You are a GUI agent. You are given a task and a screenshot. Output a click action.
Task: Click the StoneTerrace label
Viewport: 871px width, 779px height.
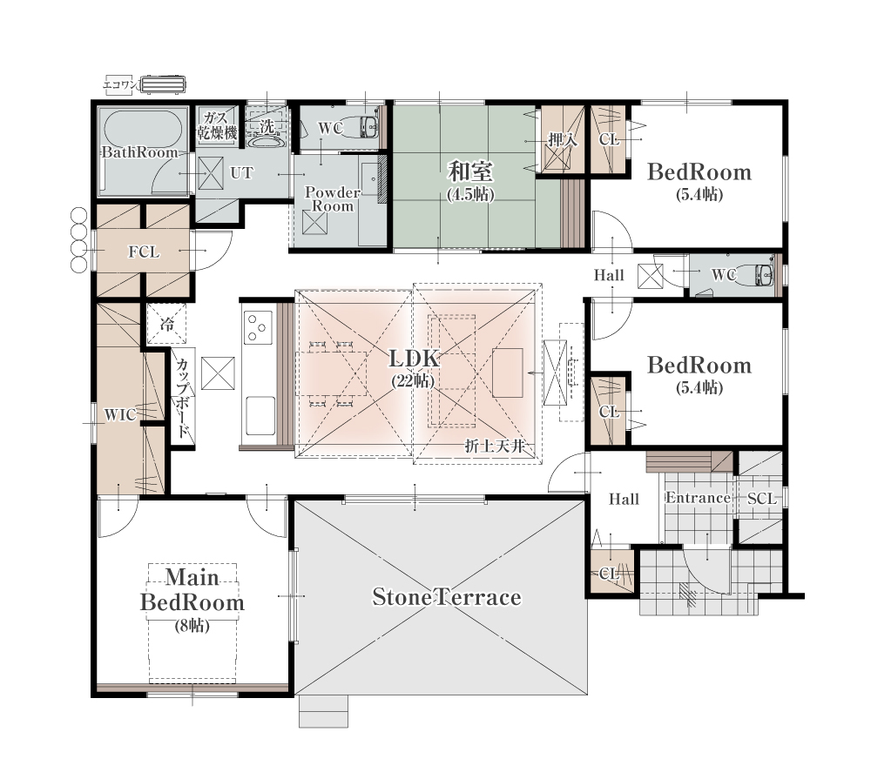pos(447,597)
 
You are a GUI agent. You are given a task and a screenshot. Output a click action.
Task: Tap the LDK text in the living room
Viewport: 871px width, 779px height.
pos(415,359)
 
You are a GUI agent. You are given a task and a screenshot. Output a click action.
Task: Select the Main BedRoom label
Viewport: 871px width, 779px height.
pos(192,590)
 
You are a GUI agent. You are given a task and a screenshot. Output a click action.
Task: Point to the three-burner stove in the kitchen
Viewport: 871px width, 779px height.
pos(259,327)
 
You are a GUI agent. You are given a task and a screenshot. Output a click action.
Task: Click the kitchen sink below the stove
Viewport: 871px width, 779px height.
pos(260,416)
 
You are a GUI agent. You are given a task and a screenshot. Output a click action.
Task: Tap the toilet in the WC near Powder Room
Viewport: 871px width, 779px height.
pos(367,127)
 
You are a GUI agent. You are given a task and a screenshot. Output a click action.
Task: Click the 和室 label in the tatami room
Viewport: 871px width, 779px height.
pos(470,171)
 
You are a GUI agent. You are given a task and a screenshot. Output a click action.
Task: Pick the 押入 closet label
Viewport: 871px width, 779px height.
pos(562,140)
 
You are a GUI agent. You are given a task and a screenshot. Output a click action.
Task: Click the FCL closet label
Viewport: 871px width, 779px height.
pos(144,252)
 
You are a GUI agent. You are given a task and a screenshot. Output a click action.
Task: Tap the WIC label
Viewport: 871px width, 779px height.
pos(120,415)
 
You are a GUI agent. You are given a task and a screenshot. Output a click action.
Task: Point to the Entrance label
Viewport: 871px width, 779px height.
pos(699,498)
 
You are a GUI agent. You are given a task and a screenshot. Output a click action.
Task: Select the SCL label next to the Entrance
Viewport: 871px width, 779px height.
pos(761,499)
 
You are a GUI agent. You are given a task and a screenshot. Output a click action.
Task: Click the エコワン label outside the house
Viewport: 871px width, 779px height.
pos(120,85)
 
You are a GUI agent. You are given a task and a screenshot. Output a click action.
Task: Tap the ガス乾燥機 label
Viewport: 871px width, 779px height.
pos(217,125)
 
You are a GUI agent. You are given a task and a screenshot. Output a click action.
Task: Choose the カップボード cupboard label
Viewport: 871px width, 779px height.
pos(183,398)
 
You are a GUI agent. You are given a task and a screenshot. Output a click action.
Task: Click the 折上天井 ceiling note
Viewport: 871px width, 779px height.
pos(495,446)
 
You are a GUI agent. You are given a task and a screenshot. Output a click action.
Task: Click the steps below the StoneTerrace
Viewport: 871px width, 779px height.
pos(323,711)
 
